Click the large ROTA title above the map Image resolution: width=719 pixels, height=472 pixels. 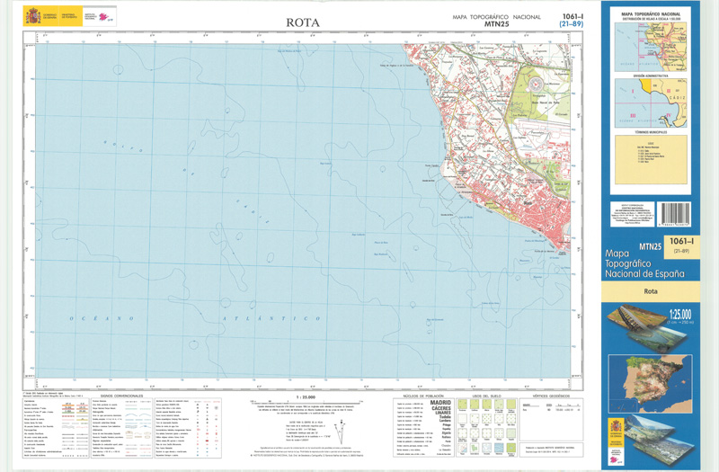(x=303, y=22)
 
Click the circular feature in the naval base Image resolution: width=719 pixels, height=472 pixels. (x=537, y=83)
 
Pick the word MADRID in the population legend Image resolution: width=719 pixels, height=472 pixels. (x=441, y=404)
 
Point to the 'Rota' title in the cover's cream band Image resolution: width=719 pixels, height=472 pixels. (x=652, y=292)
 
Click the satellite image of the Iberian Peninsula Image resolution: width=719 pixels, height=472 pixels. (x=652, y=373)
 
